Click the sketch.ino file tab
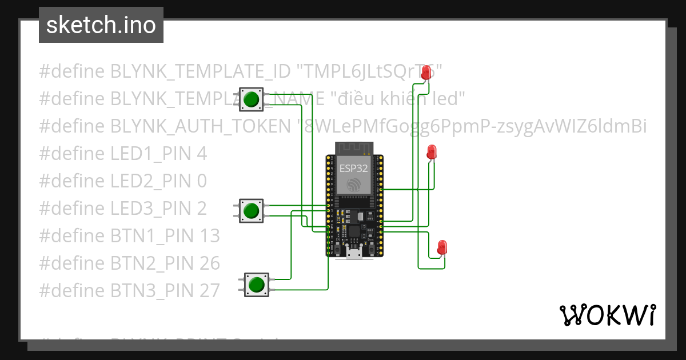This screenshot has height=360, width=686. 101,25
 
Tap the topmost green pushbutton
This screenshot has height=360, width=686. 251,100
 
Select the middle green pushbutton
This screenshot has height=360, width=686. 250,211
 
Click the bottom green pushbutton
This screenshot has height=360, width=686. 257,284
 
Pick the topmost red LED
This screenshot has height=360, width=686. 425,73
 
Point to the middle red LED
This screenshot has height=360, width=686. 432,153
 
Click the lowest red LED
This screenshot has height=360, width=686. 442,247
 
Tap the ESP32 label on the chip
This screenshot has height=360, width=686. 354,168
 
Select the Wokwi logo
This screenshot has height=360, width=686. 607,315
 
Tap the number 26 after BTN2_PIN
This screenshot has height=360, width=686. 210,263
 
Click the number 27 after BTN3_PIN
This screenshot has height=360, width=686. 210,290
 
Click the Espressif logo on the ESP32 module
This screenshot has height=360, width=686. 354,184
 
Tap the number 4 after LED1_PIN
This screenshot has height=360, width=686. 201,153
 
